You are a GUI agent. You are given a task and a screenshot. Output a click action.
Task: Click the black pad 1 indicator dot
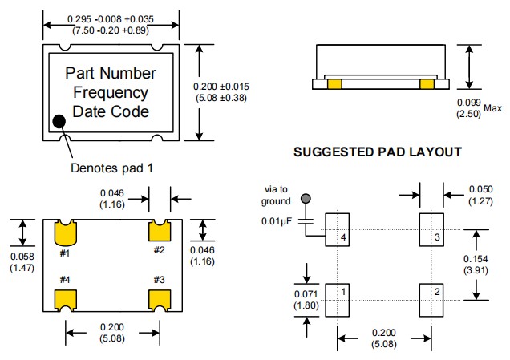pos(59,122)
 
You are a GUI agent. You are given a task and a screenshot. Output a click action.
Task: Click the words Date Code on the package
pos(111,111)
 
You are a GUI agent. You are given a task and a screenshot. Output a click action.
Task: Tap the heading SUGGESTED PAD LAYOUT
pos(378,152)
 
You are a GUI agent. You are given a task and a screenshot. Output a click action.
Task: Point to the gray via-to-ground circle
pos(305,198)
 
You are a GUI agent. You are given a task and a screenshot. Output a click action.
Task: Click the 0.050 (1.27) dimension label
pos(481,196)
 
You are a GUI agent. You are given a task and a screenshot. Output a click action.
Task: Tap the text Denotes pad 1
pos(111,168)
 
